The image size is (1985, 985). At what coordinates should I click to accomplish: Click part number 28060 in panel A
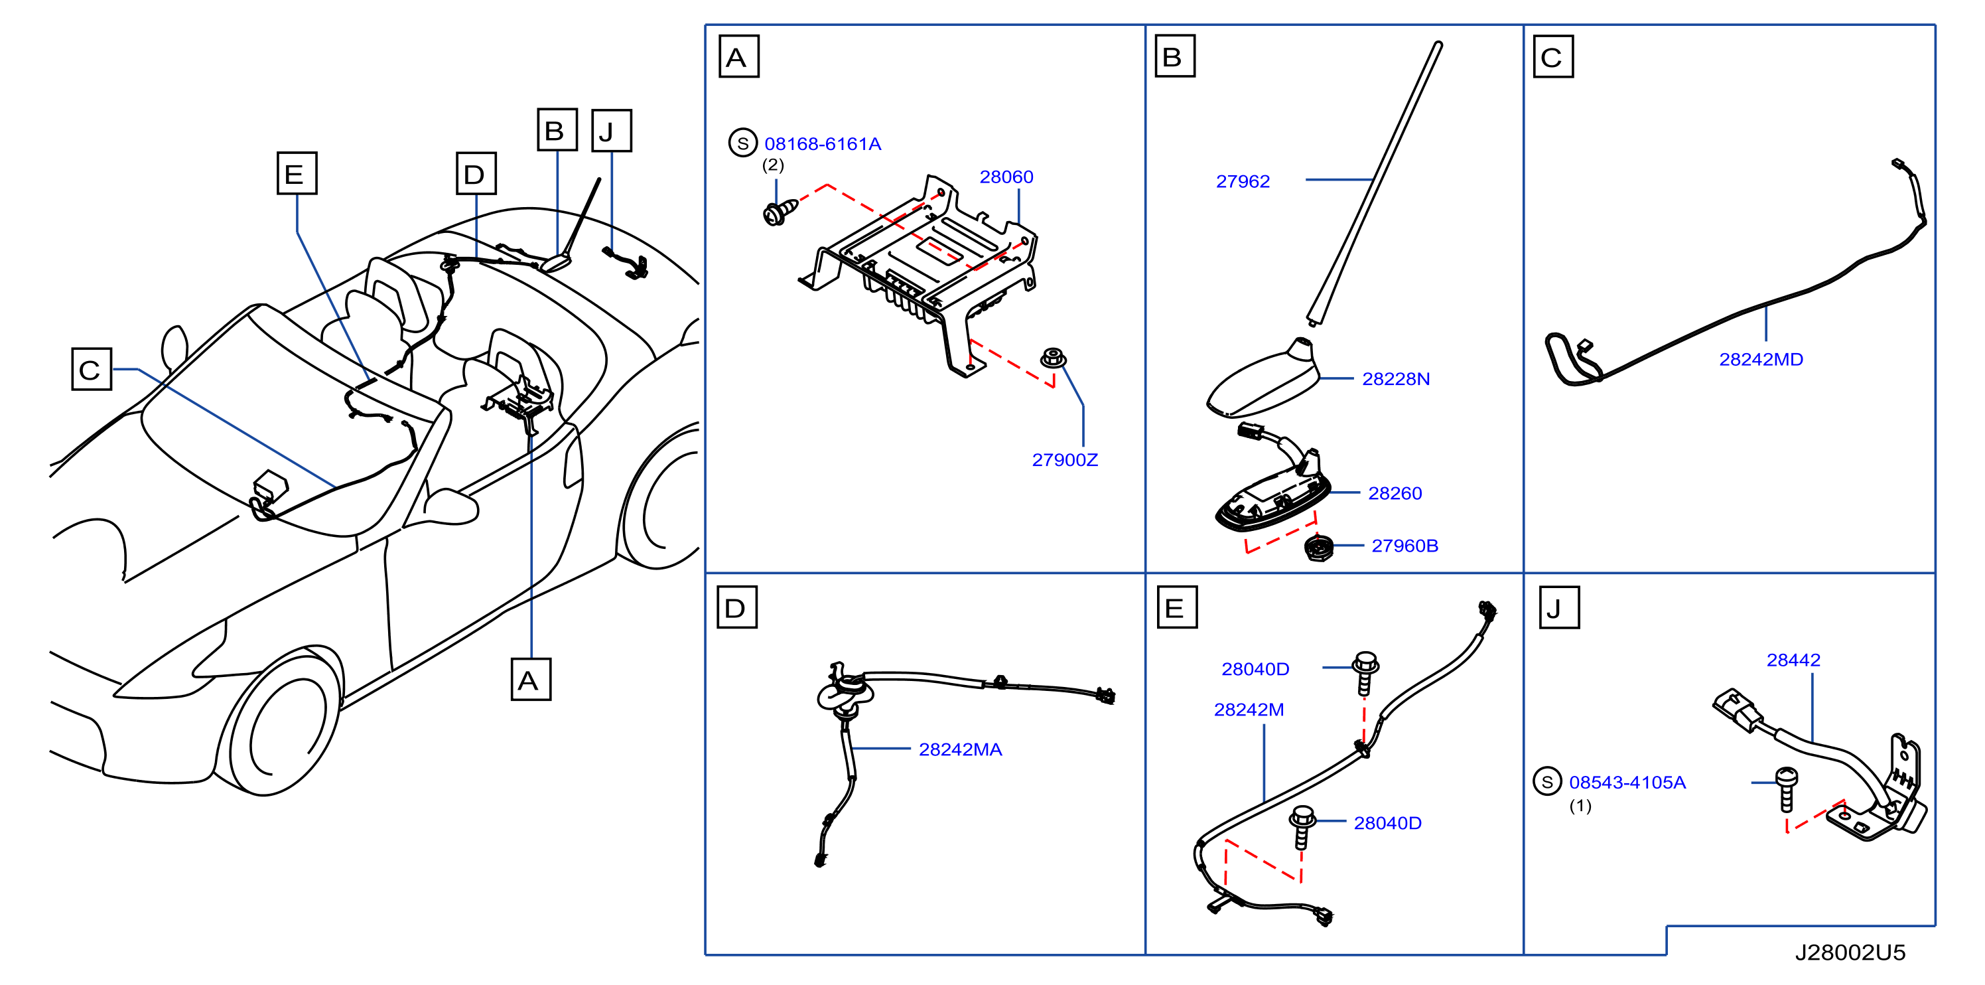[x=1006, y=177]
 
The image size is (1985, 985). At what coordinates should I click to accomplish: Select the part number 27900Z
[x=1065, y=460]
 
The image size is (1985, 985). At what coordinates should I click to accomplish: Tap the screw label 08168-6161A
[x=822, y=144]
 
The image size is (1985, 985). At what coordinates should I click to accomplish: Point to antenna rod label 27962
[x=1243, y=182]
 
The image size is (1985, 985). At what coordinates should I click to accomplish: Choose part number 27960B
[x=1404, y=546]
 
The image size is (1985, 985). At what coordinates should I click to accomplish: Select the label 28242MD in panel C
[x=1761, y=359]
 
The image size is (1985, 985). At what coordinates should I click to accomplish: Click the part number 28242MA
[x=960, y=750]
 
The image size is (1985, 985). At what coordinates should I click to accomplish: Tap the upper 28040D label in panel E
[x=1255, y=669]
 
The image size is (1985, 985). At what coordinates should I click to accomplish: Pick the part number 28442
[x=1793, y=660]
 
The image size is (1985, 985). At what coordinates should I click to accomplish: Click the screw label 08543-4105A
[x=1627, y=783]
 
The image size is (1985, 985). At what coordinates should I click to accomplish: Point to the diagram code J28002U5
[x=1850, y=952]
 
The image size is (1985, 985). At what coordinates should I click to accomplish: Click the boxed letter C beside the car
[x=92, y=369]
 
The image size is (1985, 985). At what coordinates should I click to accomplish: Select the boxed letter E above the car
[x=297, y=173]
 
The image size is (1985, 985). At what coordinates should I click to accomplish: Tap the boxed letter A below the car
[x=531, y=679]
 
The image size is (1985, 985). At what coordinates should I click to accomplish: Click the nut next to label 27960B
[x=1318, y=549]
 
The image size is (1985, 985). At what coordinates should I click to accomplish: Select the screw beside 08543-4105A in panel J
[x=1787, y=789]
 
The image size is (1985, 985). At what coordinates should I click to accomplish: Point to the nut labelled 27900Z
[x=1053, y=358]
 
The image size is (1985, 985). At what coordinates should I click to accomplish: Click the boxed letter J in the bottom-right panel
[x=1559, y=607]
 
